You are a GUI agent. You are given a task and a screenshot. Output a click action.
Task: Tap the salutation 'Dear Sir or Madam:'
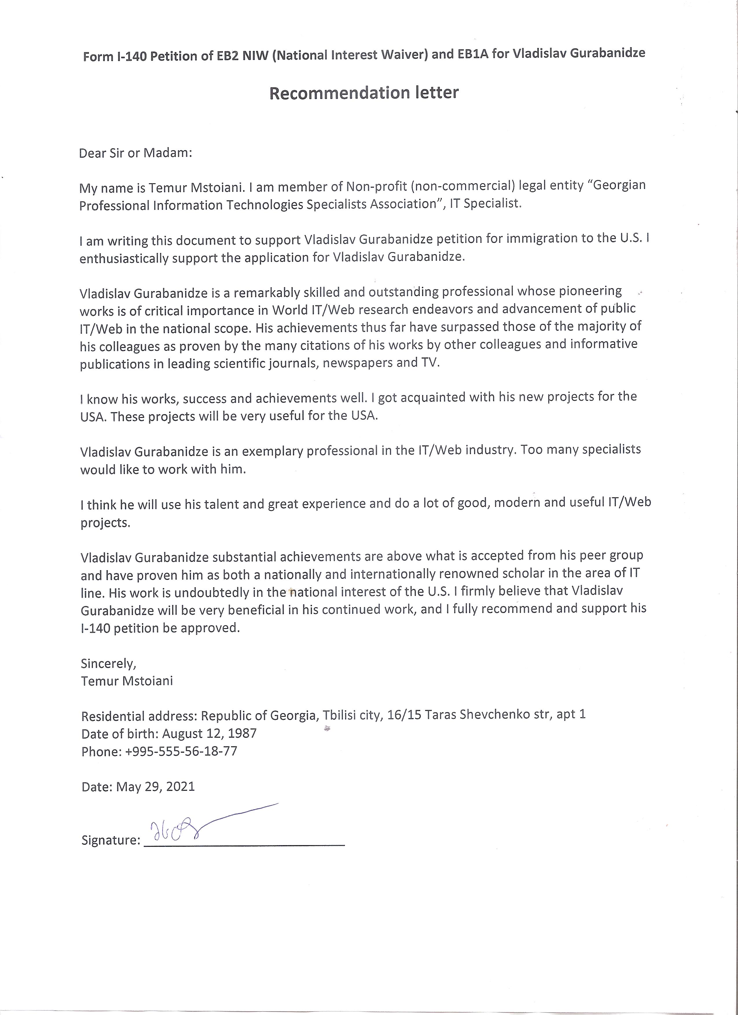pyautogui.click(x=135, y=153)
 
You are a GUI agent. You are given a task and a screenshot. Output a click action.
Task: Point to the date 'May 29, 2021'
pyautogui.click(x=155, y=787)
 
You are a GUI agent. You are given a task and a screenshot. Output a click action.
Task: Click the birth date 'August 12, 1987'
pyautogui.click(x=209, y=733)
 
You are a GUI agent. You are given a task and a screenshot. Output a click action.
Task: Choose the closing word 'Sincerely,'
pyautogui.click(x=108, y=663)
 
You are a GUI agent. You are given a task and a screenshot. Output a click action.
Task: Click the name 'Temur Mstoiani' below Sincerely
pyautogui.click(x=127, y=681)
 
